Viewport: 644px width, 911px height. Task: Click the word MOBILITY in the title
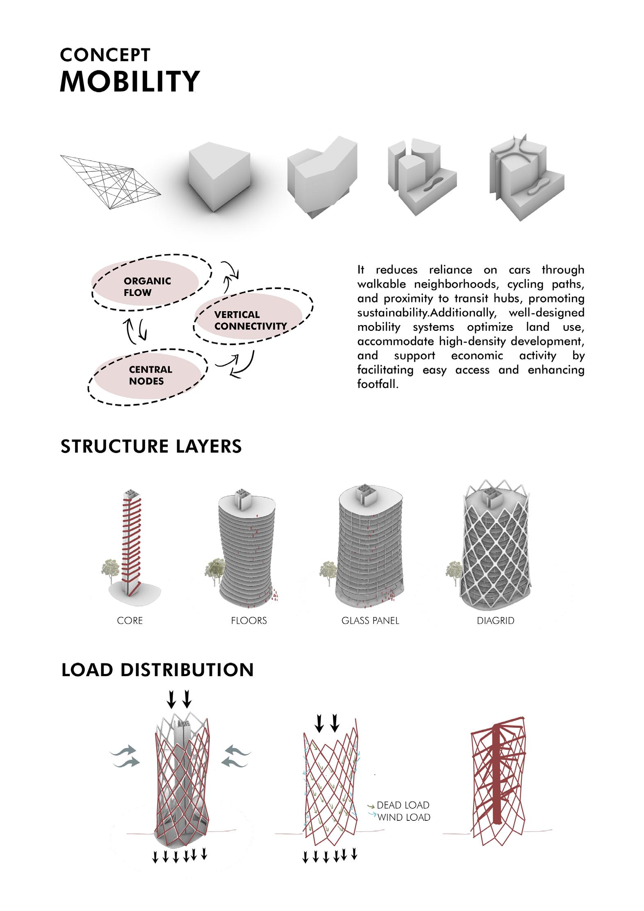tap(130, 81)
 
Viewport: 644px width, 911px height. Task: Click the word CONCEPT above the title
tap(105, 55)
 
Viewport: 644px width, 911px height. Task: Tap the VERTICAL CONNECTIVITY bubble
tap(250, 320)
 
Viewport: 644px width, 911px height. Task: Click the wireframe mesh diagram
tap(110, 181)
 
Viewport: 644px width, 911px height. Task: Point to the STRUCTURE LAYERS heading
tap(151, 446)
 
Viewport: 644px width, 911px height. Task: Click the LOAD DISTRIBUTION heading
tap(157, 670)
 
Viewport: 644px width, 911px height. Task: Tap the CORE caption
tap(130, 621)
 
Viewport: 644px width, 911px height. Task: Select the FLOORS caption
tap(249, 621)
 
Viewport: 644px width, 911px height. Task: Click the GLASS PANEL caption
tap(370, 621)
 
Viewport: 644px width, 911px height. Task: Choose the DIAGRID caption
tap(495, 621)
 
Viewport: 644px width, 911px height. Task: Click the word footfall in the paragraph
tap(377, 384)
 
